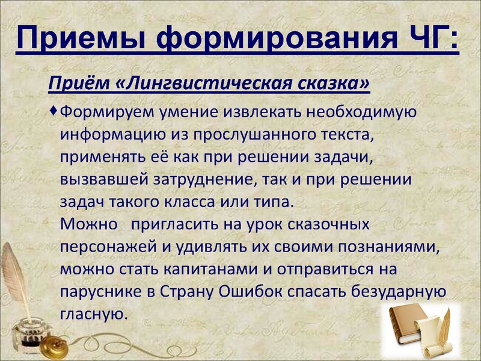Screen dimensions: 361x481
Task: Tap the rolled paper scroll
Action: coord(442,334)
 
